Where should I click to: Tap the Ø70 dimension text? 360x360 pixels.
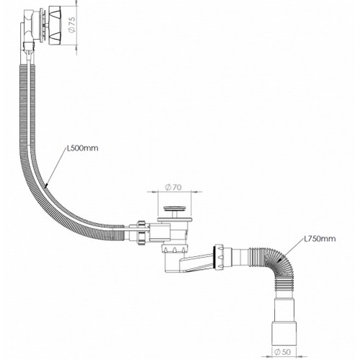174,187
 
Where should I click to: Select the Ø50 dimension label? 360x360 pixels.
282,352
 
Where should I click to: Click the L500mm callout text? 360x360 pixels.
82,148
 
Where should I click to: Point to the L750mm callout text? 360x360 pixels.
320,239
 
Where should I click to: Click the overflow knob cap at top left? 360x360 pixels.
56,25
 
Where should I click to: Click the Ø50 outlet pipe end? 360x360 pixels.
284,333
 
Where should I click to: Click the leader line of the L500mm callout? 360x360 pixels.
56,168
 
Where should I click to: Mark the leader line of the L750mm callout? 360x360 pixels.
291,250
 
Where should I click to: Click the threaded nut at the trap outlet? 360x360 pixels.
219,258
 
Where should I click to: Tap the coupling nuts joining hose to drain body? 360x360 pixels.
142,232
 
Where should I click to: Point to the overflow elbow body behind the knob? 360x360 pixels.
28,27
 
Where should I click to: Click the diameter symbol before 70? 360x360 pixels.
168,187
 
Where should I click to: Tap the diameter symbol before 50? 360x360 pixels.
277,352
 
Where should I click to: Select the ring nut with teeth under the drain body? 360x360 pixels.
175,249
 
